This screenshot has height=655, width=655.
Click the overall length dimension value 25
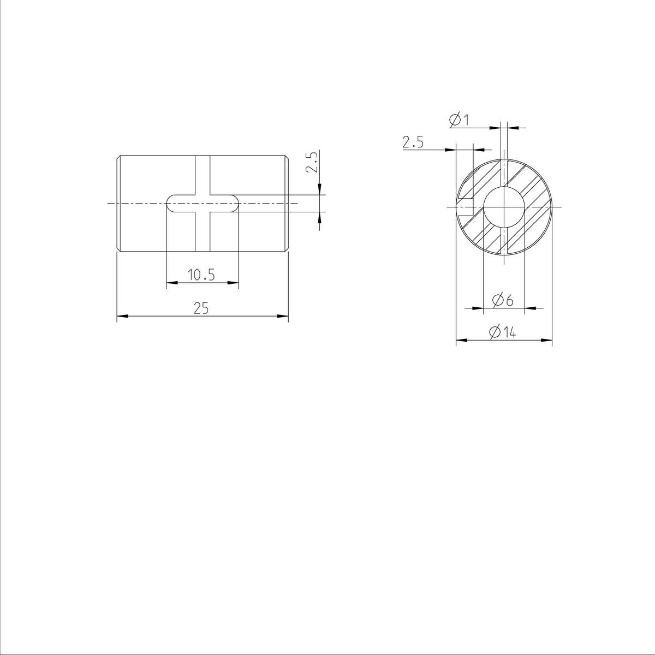point(201,308)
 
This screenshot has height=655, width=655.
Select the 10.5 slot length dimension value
point(201,275)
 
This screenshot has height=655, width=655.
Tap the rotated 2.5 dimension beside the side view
point(312,163)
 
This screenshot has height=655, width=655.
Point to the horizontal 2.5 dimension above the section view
point(413,143)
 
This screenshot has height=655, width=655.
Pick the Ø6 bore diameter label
point(503,300)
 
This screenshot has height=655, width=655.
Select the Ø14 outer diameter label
point(503,332)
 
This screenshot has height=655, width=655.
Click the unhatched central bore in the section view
point(504,207)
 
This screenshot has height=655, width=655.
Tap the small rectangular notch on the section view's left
point(466,207)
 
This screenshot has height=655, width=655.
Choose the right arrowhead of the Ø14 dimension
point(547,340)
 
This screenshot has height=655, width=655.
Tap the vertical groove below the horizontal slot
point(202,232)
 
